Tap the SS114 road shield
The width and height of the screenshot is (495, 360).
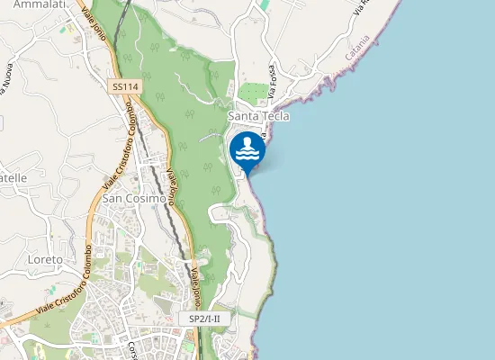click(x=124, y=86)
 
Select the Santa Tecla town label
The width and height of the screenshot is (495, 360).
click(x=259, y=117)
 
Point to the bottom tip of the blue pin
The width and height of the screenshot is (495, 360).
click(x=247, y=174)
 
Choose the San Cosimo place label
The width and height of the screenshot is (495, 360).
click(x=133, y=198)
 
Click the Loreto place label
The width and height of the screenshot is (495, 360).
click(x=45, y=259)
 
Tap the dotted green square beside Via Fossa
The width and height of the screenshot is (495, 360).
click(x=255, y=92)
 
